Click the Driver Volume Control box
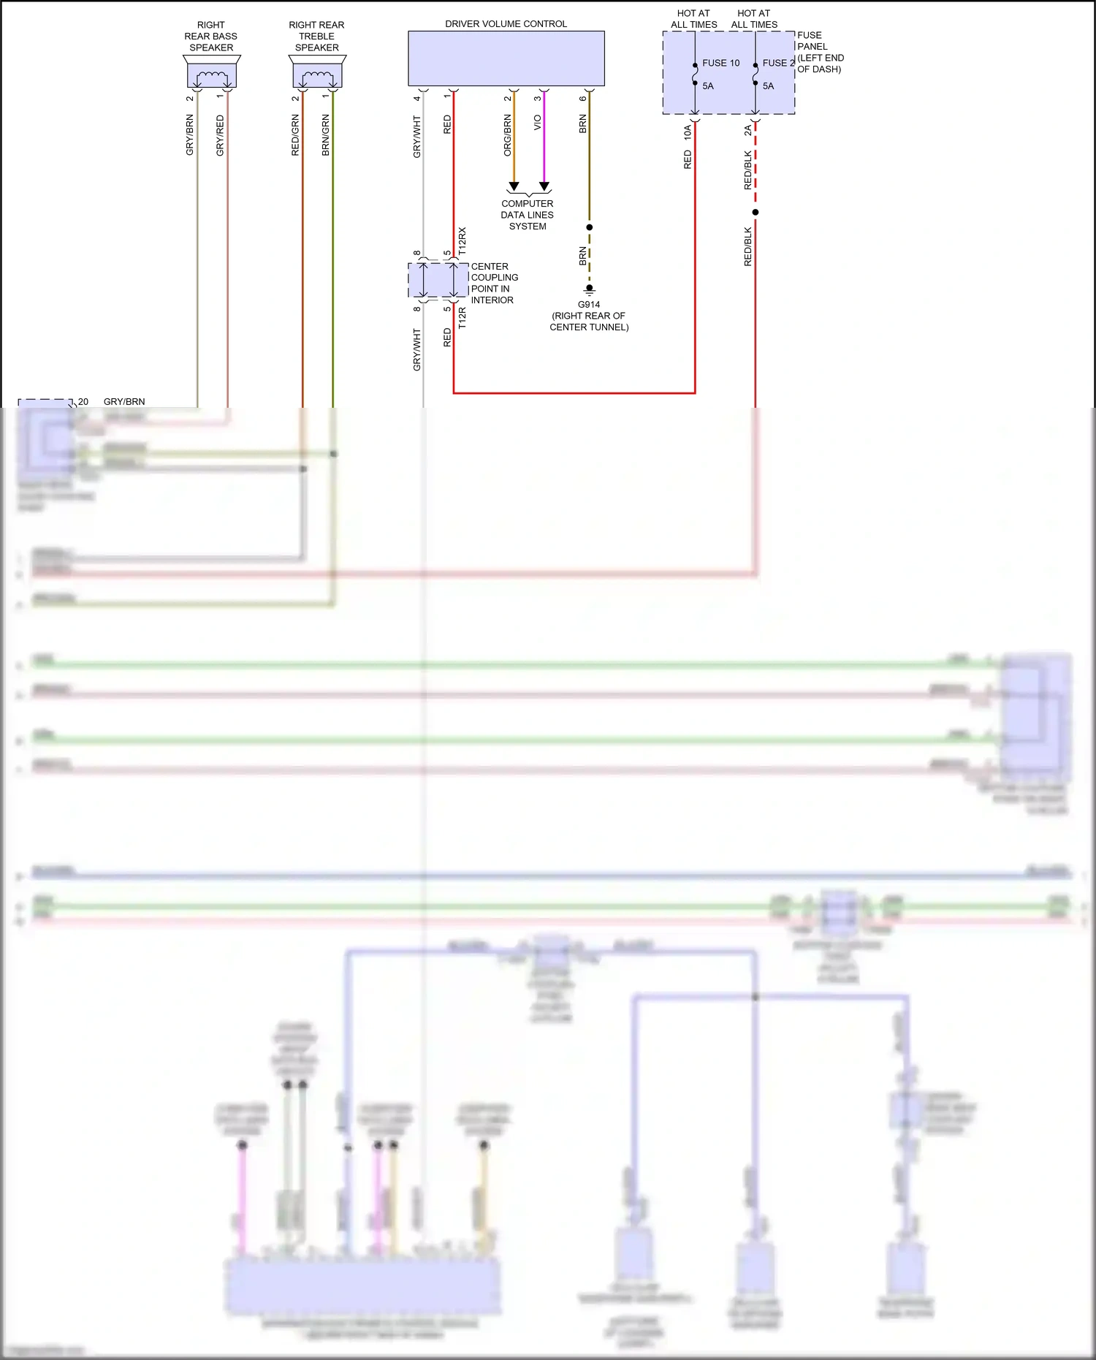tap(506, 58)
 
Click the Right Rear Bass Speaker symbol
tap(211, 74)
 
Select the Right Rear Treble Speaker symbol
tap(317, 74)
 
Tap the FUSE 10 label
tap(720, 63)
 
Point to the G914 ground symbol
tap(589, 289)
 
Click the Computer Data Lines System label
tap(527, 215)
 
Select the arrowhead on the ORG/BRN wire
tap(514, 186)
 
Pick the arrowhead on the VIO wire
tap(544, 186)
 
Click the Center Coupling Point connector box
tap(438, 280)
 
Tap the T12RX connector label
tap(462, 241)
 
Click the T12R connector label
tap(462, 318)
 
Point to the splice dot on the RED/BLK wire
tap(755, 212)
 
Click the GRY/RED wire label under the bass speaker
tap(220, 135)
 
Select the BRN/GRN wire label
tap(326, 135)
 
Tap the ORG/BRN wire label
tap(507, 135)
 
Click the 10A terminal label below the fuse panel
tap(688, 132)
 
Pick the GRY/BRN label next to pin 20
tap(124, 401)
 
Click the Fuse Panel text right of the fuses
tap(819, 52)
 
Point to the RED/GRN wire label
tap(295, 135)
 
